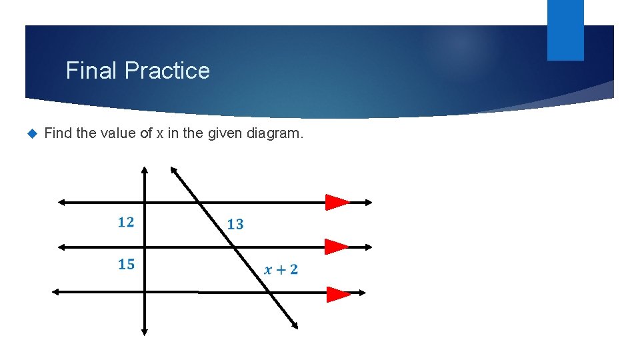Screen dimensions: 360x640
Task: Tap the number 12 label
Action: (126, 223)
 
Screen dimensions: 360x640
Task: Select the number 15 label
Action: (126, 265)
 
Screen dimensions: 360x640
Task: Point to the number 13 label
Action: (235, 225)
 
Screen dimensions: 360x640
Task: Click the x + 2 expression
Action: (281, 269)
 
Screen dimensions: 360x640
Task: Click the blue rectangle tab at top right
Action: (565, 29)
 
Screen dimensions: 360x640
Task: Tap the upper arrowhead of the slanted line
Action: (173, 170)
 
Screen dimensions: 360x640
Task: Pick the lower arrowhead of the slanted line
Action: (294, 324)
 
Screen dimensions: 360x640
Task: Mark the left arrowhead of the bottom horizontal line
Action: (56, 291)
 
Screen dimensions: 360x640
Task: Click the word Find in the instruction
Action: (58, 134)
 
